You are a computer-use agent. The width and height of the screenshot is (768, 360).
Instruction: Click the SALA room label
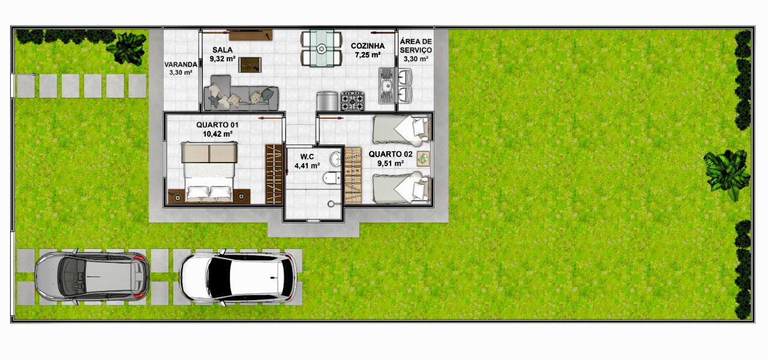pyautogui.click(x=223, y=50)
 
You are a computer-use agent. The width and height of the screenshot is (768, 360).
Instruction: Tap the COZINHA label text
pyautogui.click(x=368, y=46)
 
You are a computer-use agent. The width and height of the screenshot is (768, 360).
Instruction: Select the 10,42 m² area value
pyautogui.click(x=217, y=134)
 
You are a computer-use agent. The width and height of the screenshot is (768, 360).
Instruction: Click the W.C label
pyautogui.click(x=307, y=157)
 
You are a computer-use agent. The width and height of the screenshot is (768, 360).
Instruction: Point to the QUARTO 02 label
pyautogui.click(x=391, y=154)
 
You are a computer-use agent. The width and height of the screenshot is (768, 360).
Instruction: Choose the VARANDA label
pyautogui.click(x=181, y=64)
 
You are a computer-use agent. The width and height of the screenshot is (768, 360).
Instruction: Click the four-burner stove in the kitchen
pyautogui.click(x=352, y=101)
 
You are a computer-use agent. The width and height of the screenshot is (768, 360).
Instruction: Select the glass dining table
pyautogui.click(x=322, y=48)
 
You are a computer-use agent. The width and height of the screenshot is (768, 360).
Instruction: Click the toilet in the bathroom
pyautogui.click(x=331, y=178)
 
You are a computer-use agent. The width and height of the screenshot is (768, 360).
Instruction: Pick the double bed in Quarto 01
pyautogui.click(x=209, y=172)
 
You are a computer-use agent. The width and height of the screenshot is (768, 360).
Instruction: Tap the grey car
pyautogui.click(x=92, y=277)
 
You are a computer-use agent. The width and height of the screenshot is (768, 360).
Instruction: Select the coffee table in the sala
pyautogui.click(x=250, y=65)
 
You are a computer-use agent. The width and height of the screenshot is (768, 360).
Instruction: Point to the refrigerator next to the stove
pyautogui.click(x=328, y=101)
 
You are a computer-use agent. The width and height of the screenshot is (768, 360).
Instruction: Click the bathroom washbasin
pyautogui.click(x=335, y=159)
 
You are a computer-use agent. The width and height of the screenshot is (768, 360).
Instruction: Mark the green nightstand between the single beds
pyautogui.click(x=424, y=159)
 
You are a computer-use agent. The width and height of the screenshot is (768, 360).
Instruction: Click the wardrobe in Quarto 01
pyautogui.click(x=274, y=174)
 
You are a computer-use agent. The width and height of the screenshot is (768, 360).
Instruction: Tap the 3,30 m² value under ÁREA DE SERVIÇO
pyautogui.click(x=416, y=59)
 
